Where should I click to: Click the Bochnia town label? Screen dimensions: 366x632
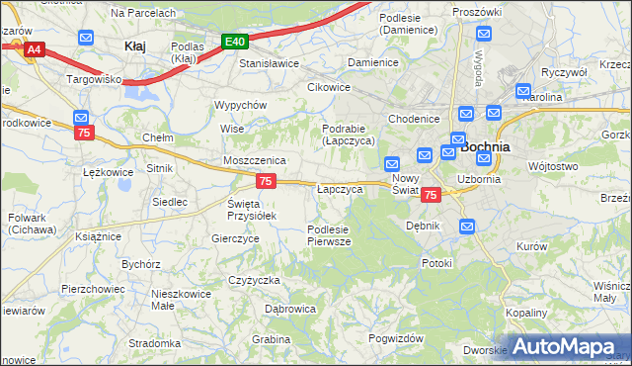pos(486,146)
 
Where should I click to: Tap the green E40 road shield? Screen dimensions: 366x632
pos(234,42)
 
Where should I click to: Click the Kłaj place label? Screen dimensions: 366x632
pos(134,46)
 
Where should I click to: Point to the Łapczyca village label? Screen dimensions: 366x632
pos(340,188)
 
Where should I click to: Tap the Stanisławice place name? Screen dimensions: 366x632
pos(270,62)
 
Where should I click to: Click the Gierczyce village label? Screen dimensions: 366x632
pos(235,238)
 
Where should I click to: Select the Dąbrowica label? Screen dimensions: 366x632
pos(290,309)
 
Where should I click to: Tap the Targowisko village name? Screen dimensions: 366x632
pos(93,77)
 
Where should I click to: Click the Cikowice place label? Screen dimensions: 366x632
pos(329,87)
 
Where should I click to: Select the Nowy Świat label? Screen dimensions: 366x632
pos(406,183)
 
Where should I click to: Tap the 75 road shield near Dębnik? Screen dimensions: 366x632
pos(430,196)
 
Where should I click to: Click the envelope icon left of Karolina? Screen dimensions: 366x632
pos(523,90)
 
